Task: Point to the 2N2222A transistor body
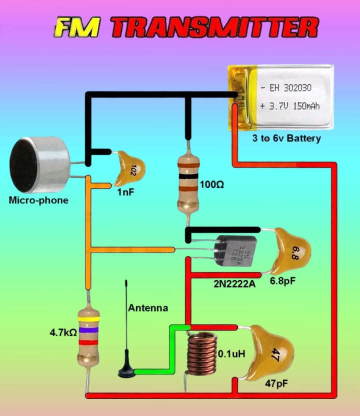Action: (235, 248)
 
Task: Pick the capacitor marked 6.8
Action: (292, 249)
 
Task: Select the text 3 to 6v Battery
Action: (286, 138)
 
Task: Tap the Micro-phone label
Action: (38, 200)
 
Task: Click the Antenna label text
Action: (148, 308)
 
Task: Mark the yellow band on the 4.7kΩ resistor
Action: (88, 318)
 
